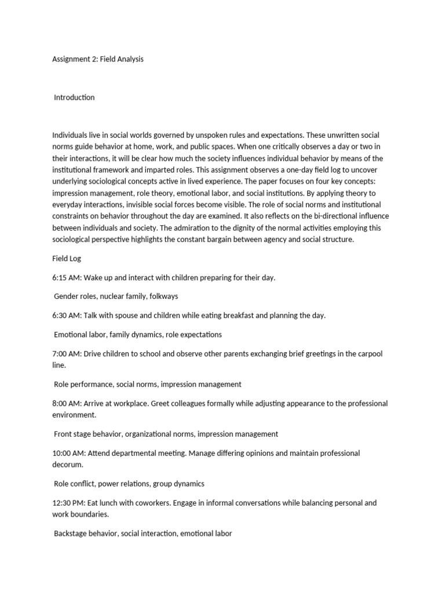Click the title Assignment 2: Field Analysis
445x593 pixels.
(x=97, y=59)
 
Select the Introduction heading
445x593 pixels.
(x=74, y=97)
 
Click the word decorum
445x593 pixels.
(x=67, y=464)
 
